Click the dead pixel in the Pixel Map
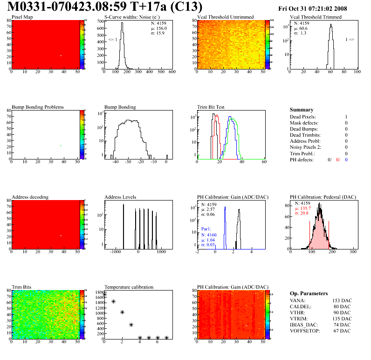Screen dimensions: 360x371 click(61, 56)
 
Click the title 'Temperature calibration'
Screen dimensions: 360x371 click(129, 287)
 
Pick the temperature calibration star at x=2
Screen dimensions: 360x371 click(122, 312)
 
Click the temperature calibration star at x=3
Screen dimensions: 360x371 click(131, 325)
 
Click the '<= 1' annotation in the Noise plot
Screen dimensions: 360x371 click(112, 40)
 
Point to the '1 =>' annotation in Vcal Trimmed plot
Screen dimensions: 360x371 click(350, 40)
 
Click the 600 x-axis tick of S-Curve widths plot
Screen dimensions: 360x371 click(172, 72)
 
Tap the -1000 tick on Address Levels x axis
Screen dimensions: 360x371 click(115, 252)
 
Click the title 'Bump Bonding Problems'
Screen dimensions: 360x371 click(38, 107)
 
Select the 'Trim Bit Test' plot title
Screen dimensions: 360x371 click(211, 107)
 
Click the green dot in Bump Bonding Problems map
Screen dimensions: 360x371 click(61, 146)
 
